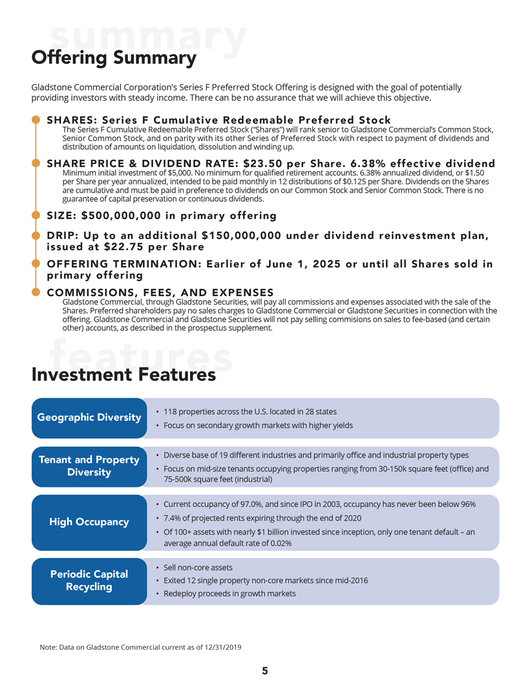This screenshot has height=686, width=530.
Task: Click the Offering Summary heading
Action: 114,58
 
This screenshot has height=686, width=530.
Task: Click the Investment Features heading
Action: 123,375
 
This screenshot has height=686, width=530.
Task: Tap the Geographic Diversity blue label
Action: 89,417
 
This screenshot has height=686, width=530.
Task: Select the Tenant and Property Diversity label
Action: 89,466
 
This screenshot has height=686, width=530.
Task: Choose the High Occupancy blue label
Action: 89,522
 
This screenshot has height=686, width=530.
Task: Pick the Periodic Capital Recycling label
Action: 89,581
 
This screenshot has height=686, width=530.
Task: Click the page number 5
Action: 265,671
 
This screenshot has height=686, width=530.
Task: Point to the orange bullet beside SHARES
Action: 35,120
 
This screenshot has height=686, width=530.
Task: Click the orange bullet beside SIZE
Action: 35,215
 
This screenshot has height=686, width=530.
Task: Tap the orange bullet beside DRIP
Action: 35,235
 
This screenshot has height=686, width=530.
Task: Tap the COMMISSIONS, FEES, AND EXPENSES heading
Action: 160,293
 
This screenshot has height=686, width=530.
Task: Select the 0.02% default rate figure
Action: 279,544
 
